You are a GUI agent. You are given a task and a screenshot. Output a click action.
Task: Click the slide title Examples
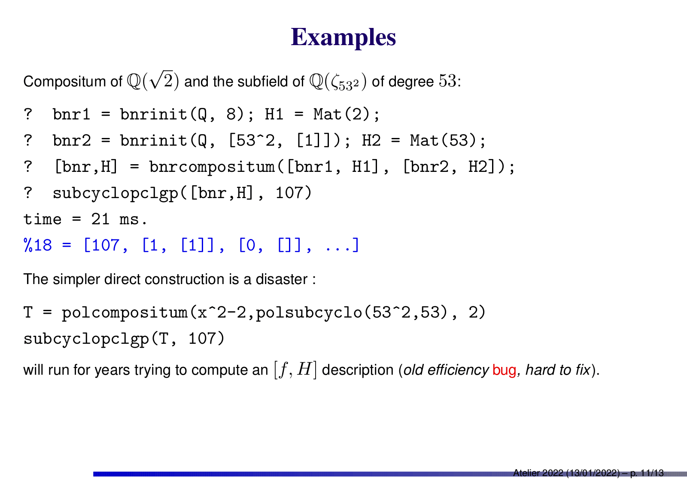click(x=343, y=38)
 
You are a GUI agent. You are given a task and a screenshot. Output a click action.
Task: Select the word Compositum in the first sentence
click(x=73, y=82)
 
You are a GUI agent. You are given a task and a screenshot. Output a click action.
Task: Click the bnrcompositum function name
click(x=212, y=167)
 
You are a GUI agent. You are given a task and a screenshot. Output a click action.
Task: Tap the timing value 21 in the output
click(x=100, y=220)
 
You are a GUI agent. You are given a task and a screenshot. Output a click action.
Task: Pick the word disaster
click(x=282, y=279)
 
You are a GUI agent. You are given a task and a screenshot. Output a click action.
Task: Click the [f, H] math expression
click(x=295, y=370)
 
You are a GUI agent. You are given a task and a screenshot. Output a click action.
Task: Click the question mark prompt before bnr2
click(x=28, y=141)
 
